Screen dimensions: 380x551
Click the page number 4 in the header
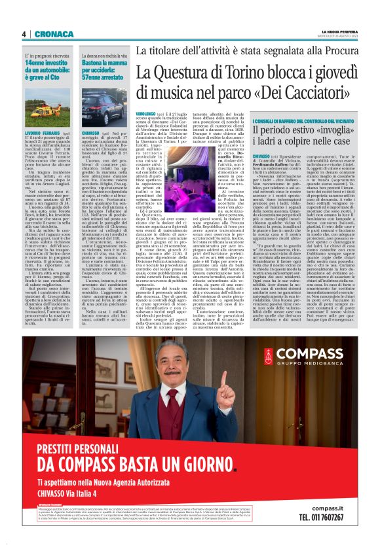click(24, 34)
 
